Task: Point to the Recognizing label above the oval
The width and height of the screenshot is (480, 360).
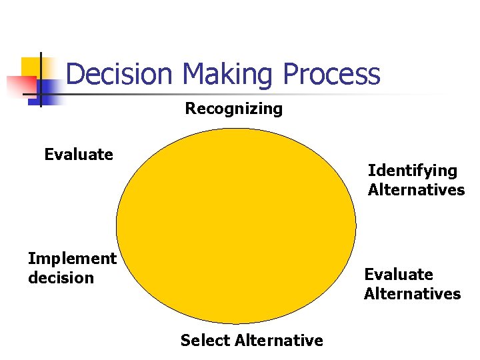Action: [233, 109]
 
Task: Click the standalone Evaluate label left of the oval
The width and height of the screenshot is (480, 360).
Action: [79, 155]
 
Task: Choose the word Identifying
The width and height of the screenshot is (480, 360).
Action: [412, 171]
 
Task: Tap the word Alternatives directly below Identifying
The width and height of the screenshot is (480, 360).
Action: [416, 190]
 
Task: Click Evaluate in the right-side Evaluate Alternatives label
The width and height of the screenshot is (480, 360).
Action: [398, 275]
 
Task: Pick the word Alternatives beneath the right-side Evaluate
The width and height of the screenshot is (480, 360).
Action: [412, 294]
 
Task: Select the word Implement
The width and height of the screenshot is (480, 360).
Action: [72, 258]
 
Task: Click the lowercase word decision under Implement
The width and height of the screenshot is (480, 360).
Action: [61, 277]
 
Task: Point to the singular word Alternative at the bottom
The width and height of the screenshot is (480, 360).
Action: [275, 341]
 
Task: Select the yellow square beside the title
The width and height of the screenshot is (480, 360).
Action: [30, 67]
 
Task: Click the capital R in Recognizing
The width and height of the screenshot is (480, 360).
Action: [190, 109]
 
